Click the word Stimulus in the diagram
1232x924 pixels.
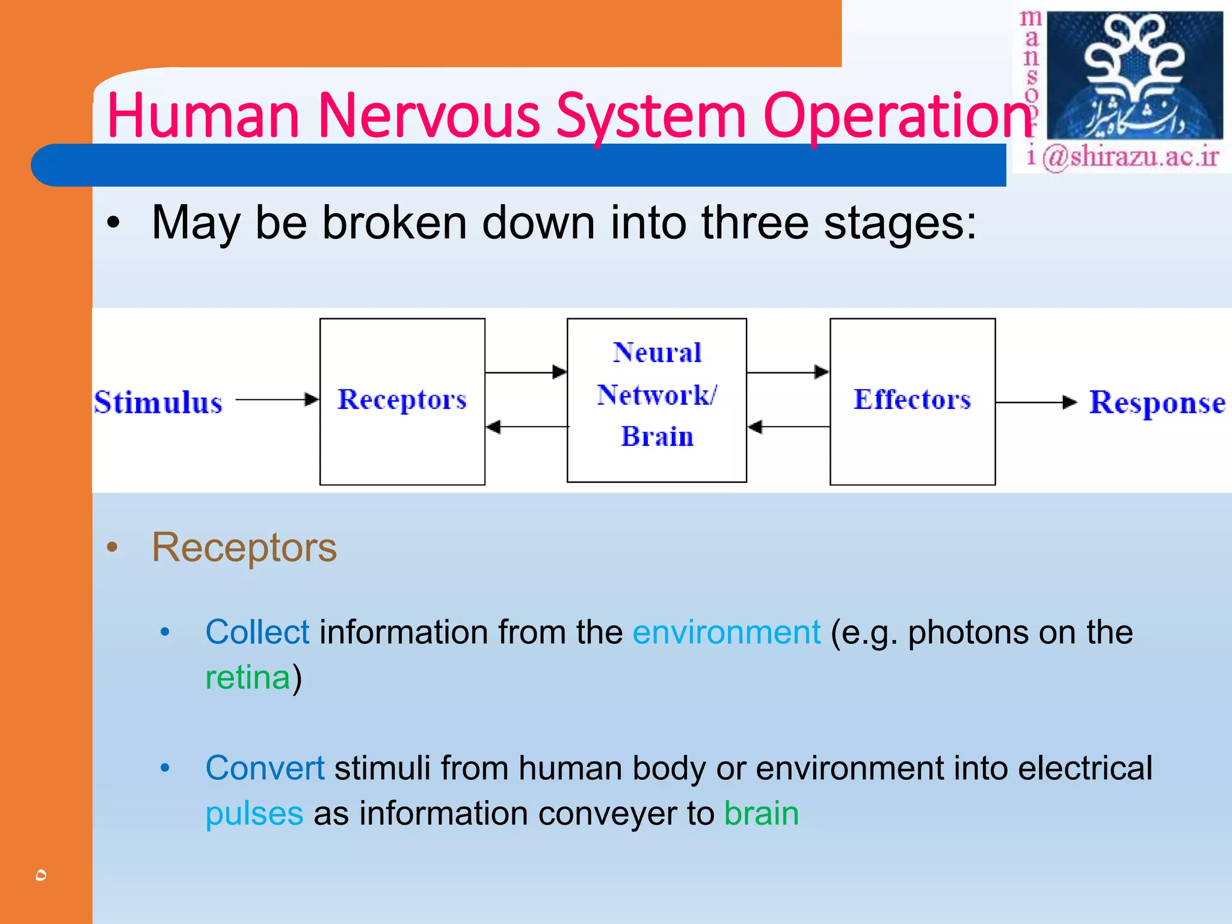[158, 402]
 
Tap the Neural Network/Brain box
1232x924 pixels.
[656, 400]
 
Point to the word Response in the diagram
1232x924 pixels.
[1157, 402]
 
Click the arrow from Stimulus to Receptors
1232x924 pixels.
[277, 399]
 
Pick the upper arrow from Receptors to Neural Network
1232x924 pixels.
[525, 372]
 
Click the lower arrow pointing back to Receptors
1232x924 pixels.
[526, 427]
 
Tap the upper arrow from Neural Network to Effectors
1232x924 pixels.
[787, 372]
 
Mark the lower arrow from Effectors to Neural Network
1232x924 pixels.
[788, 427]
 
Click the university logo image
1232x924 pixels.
[1135, 76]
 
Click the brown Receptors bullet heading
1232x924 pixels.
[244, 547]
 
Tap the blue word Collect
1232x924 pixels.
[257, 632]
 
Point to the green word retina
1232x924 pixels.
[248, 677]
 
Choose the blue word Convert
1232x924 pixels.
[265, 768]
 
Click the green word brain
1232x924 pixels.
[761, 813]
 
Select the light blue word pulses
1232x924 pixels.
[254, 814]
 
